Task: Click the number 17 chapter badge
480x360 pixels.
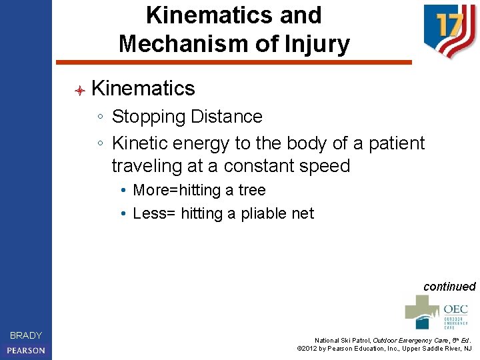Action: point(449,29)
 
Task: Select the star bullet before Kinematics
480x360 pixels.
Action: point(79,89)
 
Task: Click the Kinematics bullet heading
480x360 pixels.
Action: point(143,88)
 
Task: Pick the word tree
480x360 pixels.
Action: point(252,191)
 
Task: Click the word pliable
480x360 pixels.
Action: point(257,213)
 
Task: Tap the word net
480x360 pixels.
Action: point(301,213)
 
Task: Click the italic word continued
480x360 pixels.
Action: point(449,287)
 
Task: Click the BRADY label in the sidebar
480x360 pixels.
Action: point(26,335)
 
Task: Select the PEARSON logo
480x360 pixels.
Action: point(26,350)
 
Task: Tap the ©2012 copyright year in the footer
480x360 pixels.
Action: point(308,348)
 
